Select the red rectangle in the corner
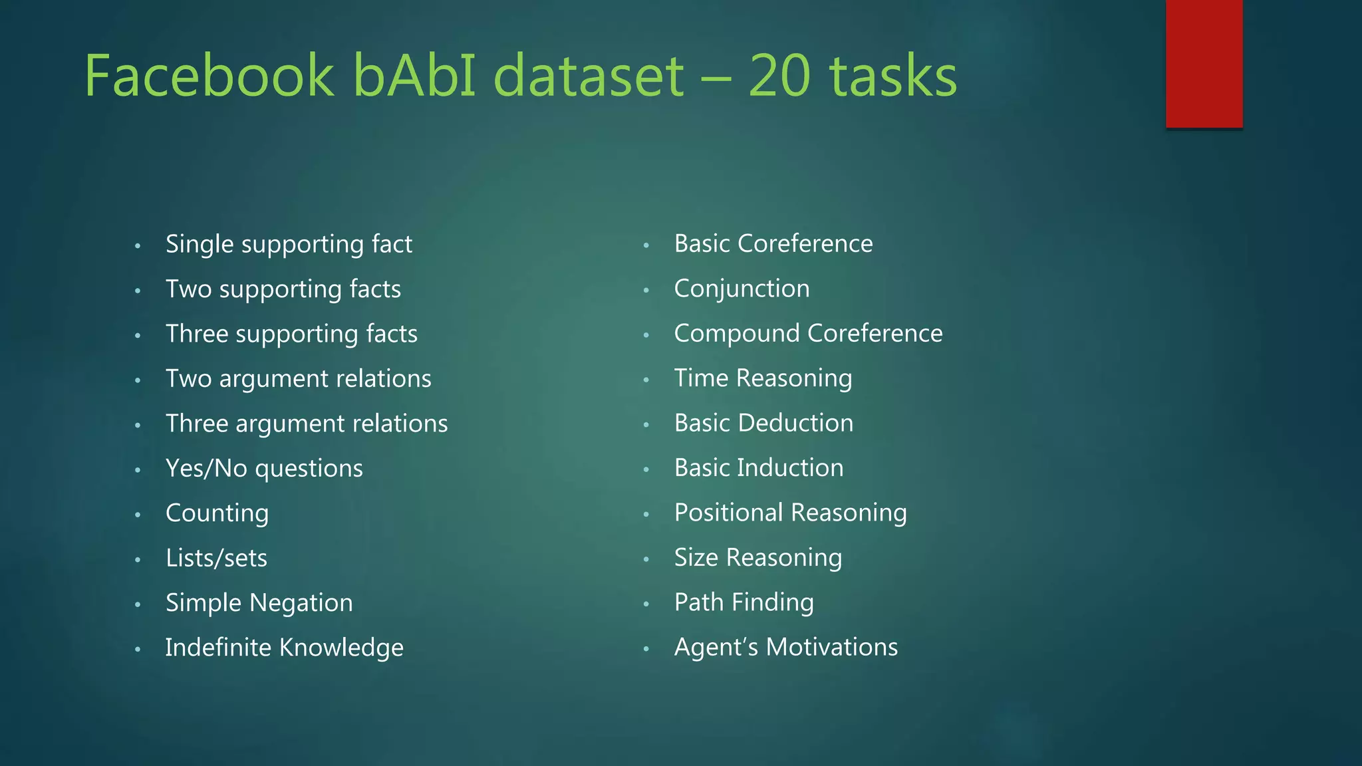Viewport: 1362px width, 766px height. click(x=1204, y=63)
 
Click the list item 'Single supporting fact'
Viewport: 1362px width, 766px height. click(x=289, y=245)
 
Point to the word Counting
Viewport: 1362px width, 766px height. click(x=217, y=513)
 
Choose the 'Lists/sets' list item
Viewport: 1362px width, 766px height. click(x=216, y=558)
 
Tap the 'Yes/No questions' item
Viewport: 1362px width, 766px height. click(x=264, y=469)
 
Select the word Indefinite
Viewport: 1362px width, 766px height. click(x=218, y=648)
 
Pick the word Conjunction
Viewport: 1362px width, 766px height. click(x=742, y=289)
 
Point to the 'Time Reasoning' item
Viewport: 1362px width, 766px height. click(x=763, y=378)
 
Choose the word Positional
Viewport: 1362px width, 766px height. click(x=729, y=513)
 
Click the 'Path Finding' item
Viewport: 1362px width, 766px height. click(x=744, y=602)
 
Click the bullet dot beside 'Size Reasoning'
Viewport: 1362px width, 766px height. click(x=646, y=559)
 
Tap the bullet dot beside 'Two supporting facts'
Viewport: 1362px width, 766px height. click(x=138, y=291)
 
